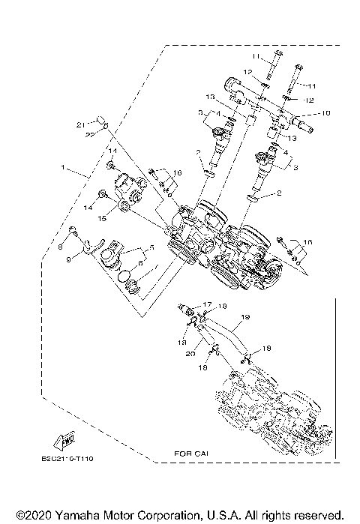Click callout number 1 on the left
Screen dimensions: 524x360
tap(65, 166)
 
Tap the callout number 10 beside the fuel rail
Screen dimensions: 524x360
tap(325, 113)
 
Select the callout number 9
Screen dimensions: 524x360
tap(68, 259)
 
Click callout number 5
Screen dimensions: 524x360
tap(150, 247)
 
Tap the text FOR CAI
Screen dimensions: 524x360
tap(188, 454)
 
